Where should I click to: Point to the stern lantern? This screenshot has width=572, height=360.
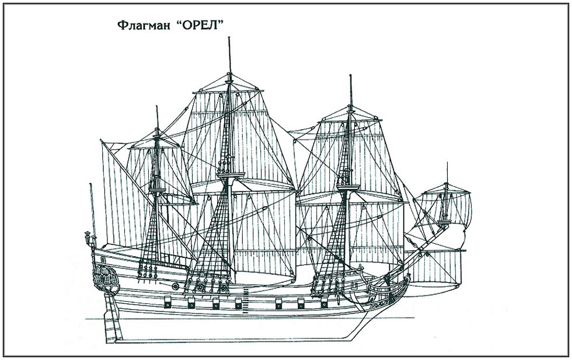point(87,236)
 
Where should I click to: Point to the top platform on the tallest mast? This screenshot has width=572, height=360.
point(231,176)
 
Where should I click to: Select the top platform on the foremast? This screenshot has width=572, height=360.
point(348,187)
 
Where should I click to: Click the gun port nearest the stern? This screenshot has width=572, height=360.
point(168,302)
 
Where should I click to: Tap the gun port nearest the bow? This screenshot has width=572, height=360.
point(325,302)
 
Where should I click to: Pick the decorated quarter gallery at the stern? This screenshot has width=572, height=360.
point(105,279)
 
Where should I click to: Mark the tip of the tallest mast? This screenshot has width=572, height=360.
point(229,37)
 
